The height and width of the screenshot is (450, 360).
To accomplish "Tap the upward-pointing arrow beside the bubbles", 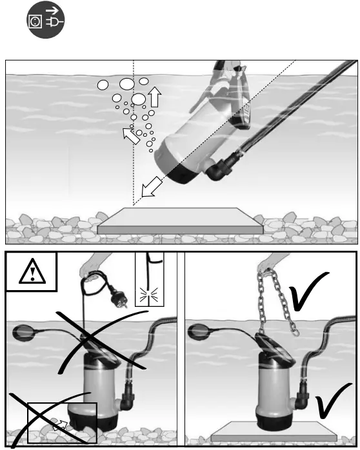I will (154, 97).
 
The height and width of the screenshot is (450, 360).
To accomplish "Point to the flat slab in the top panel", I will (180, 220).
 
